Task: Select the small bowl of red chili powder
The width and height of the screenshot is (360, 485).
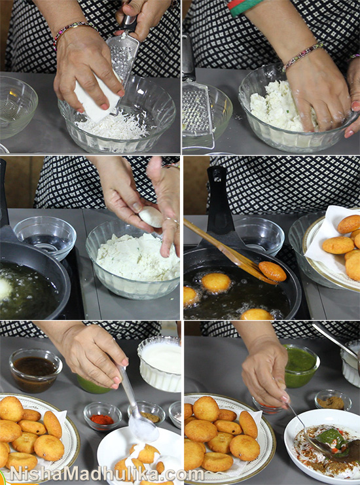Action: click(x=103, y=416)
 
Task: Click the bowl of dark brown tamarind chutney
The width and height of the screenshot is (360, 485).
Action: click(x=35, y=370)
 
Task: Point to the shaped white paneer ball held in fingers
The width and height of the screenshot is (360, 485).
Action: click(x=151, y=217)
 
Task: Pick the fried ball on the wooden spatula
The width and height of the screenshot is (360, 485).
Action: click(x=272, y=271)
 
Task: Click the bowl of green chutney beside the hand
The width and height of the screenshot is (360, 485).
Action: click(x=302, y=366)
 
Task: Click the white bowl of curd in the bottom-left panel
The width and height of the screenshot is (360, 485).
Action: click(x=160, y=363)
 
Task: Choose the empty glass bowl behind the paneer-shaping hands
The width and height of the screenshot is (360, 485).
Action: click(x=45, y=237)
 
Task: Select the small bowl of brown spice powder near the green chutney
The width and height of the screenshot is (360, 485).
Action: click(x=333, y=401)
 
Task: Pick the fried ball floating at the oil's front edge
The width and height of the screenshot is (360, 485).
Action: click(x=257, y=315)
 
